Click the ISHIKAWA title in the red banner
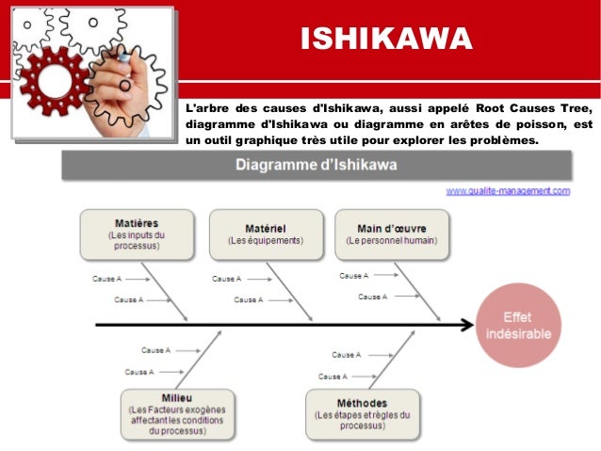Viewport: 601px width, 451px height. (x=385, y=40)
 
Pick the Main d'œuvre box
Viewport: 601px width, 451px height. (x=392, y=234)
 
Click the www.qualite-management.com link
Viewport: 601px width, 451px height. (x=508, y=190)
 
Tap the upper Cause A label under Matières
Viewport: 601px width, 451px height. (x=106, y=279)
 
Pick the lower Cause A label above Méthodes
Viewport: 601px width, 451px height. (x=332, y=376)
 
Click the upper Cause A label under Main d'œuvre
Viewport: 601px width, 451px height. (x=353, y=275)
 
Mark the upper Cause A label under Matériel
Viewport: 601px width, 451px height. (x=226, y=279)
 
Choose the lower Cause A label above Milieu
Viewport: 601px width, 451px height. (x=138, y=372)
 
